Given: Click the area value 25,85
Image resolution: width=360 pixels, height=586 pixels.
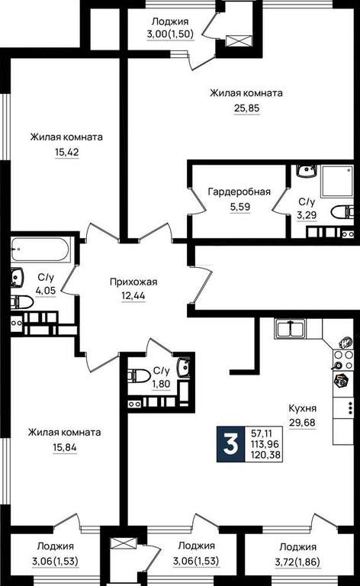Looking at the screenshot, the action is [246, 108].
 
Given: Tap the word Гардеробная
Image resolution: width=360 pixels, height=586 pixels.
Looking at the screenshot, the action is [239, 192].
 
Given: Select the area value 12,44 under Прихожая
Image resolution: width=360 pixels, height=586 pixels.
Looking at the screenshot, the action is [133, 296].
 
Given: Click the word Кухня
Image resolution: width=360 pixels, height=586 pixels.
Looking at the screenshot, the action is [303, 408].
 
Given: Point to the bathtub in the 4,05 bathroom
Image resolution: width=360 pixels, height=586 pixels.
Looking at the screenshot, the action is [40, 250].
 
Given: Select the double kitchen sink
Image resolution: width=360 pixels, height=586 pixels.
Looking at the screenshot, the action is [291, 329].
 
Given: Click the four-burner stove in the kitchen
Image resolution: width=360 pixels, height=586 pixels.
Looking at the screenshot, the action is [342, 359].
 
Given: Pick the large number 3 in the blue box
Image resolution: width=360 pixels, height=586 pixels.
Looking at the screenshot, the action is [230, 444].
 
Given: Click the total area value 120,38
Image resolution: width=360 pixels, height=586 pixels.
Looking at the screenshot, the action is [268, 456].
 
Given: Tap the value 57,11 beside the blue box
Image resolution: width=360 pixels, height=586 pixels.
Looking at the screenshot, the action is [262, 434].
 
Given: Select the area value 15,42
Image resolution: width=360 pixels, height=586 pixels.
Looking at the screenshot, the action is [67, 153].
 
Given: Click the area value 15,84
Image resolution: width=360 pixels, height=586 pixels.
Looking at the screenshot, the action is [65, 447].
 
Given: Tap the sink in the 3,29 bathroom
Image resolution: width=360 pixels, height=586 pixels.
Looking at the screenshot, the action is [307, 171].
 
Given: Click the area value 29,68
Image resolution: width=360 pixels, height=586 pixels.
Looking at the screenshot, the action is [302, 423].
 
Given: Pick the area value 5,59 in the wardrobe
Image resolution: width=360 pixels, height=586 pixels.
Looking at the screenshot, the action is [240, 207].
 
